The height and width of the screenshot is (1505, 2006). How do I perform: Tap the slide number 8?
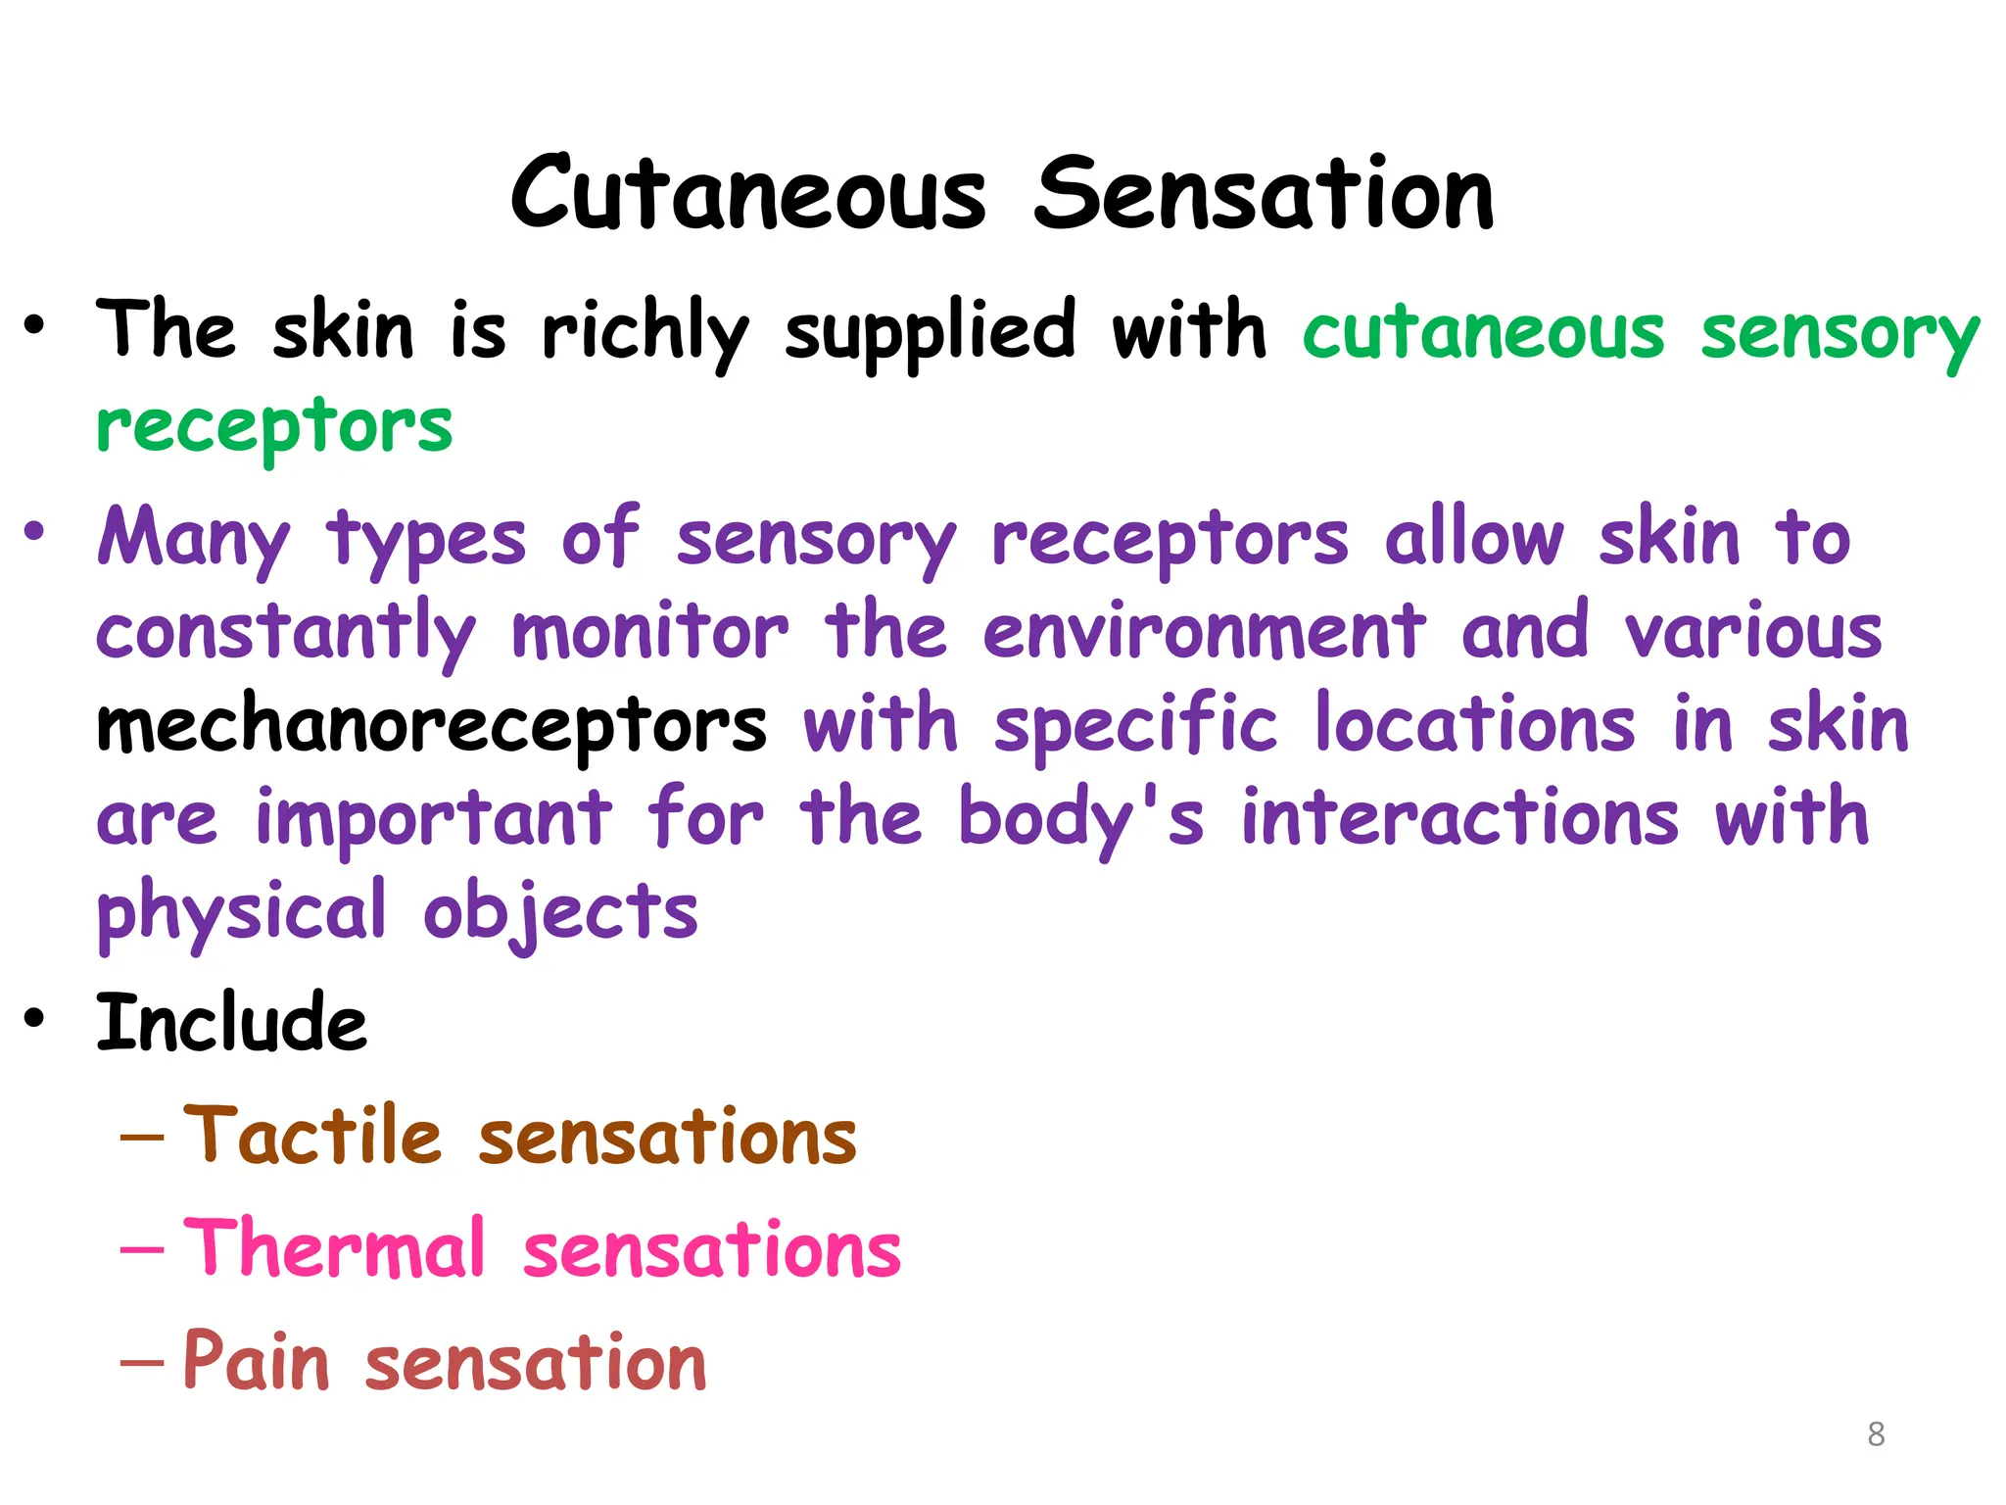(1876, 1434)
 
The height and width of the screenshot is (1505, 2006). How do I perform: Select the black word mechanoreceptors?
(431, 726)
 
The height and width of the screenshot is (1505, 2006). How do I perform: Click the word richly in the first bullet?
(645, 331)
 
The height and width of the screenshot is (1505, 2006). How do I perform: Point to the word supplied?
(930, 331)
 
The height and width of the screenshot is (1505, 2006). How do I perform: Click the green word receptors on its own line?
(274, 426)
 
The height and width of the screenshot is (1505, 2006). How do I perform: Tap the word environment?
(1204, 632)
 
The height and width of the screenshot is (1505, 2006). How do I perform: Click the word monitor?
(649, 632)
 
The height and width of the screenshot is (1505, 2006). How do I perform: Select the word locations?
(1474, 726)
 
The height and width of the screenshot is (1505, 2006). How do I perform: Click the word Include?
(231, 1023)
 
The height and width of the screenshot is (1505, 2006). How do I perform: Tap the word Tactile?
(312, 1137)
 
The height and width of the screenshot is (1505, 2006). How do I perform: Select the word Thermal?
(334, 1249)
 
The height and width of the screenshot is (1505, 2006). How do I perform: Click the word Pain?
(256, 1362)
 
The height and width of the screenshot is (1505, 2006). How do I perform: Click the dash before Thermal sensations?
(141, 1251)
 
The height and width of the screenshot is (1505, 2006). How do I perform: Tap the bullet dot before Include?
(35, 1019)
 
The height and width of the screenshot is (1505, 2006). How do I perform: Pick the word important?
(433, 819)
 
